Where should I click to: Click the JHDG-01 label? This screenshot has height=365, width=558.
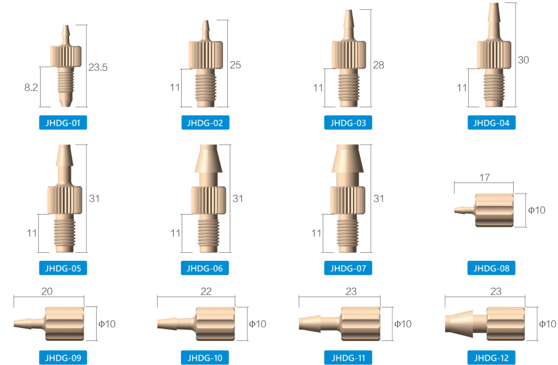point(63,123)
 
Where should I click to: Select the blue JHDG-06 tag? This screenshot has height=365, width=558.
point(205,268)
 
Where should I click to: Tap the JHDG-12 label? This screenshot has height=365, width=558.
point(491,357)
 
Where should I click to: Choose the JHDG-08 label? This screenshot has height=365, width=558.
point(491,268)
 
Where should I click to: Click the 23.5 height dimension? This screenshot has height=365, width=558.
point(98,67)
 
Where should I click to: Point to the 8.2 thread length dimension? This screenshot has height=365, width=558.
point(31,88)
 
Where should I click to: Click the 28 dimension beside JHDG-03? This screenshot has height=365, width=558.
point(379,65)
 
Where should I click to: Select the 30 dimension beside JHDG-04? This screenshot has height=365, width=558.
point(523,60)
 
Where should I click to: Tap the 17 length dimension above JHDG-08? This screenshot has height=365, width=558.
point(484,178)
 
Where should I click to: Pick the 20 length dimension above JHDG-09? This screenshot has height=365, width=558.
point(47,291)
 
